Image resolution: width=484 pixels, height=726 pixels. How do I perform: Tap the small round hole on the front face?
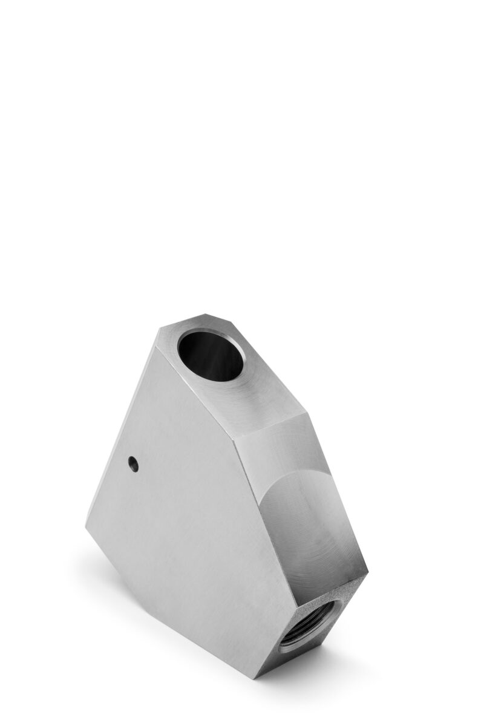click(133, 464)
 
